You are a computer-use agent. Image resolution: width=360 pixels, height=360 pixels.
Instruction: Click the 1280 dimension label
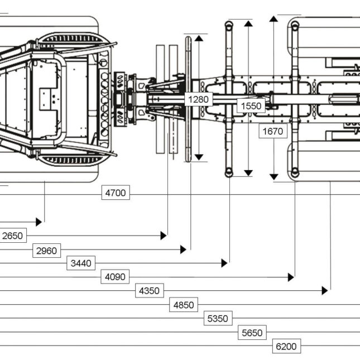(198, 99)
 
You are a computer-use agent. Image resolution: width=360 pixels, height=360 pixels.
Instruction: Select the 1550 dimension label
(251, 105)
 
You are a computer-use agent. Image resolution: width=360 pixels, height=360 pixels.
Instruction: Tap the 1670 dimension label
(273, 132)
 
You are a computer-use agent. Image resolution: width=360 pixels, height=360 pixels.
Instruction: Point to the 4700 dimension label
(116, 193)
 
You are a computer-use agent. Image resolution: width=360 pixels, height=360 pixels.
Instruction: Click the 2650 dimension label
(13, 236)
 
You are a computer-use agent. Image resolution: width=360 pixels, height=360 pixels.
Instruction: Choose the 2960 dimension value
(46, 251)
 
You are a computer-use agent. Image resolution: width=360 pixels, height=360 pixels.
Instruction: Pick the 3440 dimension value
(81, 263)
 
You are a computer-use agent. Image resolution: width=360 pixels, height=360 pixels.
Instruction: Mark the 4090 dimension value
(115, 277)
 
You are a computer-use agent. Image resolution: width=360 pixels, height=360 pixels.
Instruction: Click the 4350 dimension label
(149, 291)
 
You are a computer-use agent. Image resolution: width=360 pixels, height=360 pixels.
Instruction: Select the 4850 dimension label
(183, 305)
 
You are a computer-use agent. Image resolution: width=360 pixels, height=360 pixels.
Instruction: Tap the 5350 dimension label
(218, 319)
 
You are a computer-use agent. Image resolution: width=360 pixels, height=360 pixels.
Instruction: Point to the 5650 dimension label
(252, 333)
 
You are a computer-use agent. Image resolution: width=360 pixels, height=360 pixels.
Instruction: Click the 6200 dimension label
(286, 347)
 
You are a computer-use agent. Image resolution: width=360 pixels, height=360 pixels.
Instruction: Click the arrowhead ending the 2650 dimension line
(164, 236)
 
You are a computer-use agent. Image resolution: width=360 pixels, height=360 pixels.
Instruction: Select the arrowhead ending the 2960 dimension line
(183, 249)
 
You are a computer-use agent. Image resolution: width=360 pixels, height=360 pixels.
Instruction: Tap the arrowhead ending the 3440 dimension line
(224, 263)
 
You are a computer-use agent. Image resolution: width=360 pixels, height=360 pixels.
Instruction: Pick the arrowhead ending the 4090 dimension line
(291, 277)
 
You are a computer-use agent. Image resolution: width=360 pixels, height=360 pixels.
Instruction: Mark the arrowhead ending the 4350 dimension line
(324, 291)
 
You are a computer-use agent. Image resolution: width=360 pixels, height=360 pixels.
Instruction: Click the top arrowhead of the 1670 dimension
(273, 20)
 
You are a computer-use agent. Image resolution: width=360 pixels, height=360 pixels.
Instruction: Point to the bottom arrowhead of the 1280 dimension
(199, 157)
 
